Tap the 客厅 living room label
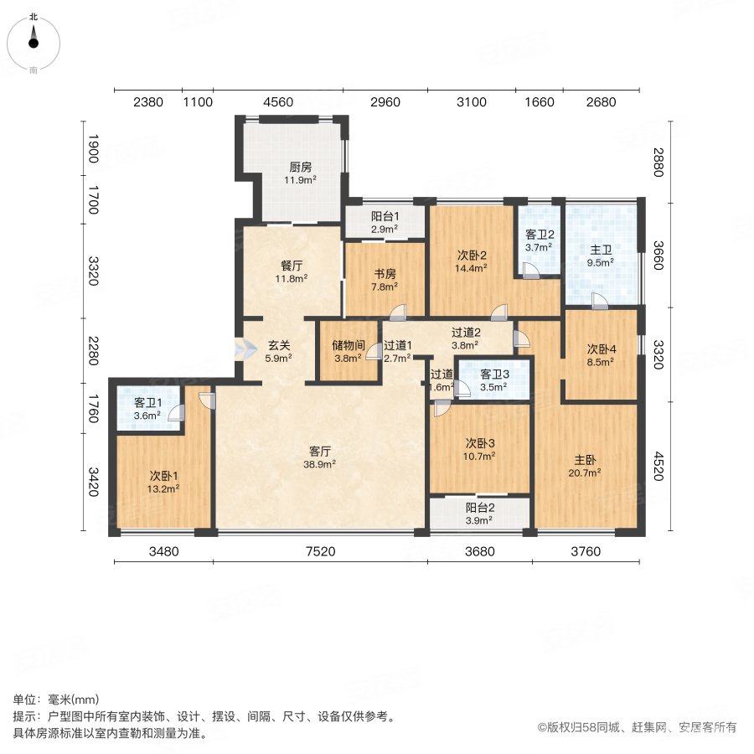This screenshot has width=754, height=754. click(319, 450)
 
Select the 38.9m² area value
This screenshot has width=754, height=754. click(319, 463)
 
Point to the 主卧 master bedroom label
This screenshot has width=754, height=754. click(585, 460)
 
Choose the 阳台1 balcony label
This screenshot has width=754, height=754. click(385, 215)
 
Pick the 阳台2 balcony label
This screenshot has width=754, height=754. click(479, 507)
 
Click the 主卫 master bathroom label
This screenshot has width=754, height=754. click(601, 248)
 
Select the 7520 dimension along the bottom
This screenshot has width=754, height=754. click(320, 551)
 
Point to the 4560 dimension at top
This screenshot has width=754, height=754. click(278, 102)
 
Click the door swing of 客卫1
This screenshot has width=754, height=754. click(176, 411)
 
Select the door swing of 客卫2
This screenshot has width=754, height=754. click(531, 270)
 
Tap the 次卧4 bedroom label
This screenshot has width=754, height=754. click(600, 349)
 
